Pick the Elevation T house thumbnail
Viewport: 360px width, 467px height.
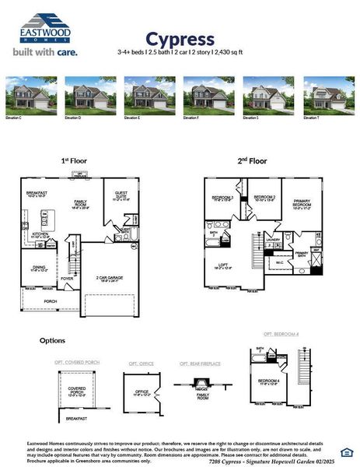click(x=329, y=93)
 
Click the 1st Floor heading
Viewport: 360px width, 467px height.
click(x=74, y=160)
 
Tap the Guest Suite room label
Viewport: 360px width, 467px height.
click(x=123, y=196)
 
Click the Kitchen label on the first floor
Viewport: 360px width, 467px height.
click(x=40, y=234)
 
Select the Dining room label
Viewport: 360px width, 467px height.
click(x=37, y=268)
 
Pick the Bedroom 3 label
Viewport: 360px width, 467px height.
click(x=222, y=198)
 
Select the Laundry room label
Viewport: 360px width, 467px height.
click(x=272, y=240)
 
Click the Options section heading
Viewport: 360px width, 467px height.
click(x=52, y=340)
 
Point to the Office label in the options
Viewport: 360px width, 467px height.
click(x=141, y=392)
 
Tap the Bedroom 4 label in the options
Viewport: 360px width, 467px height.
click(x=268, y=381)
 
